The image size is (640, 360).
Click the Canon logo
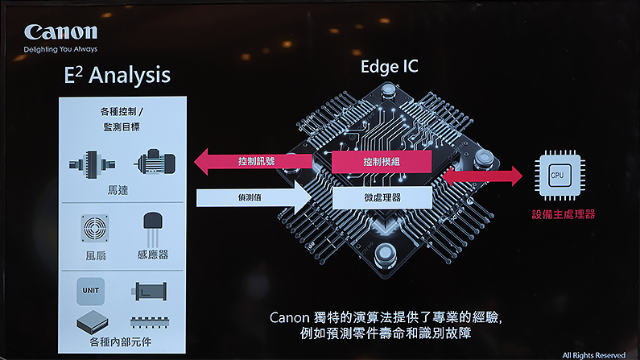(x=60, y=31)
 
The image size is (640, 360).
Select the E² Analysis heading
(x=117, y=75)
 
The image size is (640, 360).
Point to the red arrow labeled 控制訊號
(x=253, y=161)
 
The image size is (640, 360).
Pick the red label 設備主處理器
(x=557, y=215)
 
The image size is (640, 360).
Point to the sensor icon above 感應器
(x=153, y=229)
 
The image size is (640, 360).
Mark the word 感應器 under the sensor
(x=152, y=254)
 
